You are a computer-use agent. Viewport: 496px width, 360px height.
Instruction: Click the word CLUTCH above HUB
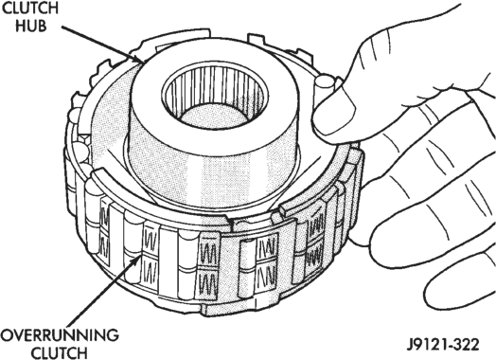pos(30,8)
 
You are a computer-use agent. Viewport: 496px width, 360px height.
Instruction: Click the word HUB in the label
pos(31,26)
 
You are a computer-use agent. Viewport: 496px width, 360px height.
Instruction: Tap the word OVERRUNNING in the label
pos(60,335)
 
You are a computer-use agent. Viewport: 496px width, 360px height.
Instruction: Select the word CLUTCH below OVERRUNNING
pos(60,352)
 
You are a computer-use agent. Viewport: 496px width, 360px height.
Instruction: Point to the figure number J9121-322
pos(443,344)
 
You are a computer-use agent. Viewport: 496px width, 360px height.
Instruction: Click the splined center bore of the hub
pos(215,95)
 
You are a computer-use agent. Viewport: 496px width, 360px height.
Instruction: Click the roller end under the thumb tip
pos(324,83)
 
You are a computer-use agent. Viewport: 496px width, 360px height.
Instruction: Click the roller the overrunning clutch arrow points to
pos(133,247)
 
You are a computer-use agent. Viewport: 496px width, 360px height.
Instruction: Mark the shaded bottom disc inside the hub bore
pos(215,117)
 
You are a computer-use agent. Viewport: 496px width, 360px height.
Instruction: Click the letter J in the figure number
pos(410,344)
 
